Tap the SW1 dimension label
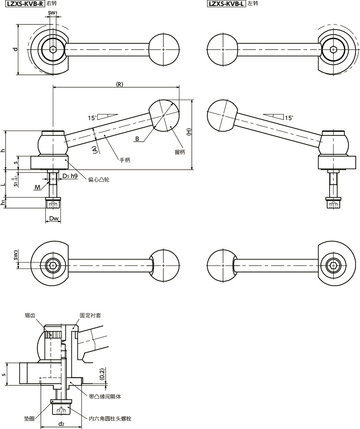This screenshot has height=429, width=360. pyautogui.click(x=52, y=13)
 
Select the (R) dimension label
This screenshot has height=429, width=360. pyautogui.click(x=119, y=84)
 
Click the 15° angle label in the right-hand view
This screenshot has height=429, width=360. pyautogui.click(x=289, y=118)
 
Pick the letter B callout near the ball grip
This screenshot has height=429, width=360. pyautogui.click(x=137, y=138)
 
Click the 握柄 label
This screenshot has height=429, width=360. pyautogui.click(x=180, y=152)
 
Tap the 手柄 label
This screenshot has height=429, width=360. pyautogui.click(x=125, y=160)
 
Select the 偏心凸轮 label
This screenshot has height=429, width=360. pyautogui.click(x=99, y=180)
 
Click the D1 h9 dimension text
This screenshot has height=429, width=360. pyautogui.click(x=70, y=176)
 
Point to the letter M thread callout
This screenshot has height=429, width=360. pyautogui.click(x=37, y=187)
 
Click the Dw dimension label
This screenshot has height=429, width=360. pyautogui.click(x=54, y=219)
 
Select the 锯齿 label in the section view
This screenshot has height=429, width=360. pyautogui.click(x=30, y=315)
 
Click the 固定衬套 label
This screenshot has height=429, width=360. pyautogui.click(x=91, y=315)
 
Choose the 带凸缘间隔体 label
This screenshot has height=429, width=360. pyautogui.click(x=105, y=397)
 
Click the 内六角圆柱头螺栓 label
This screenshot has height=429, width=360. pyautogui.click(x=110, y=419)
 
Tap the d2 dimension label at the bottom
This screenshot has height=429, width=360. pyautogui.click(x=61, y=423)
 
